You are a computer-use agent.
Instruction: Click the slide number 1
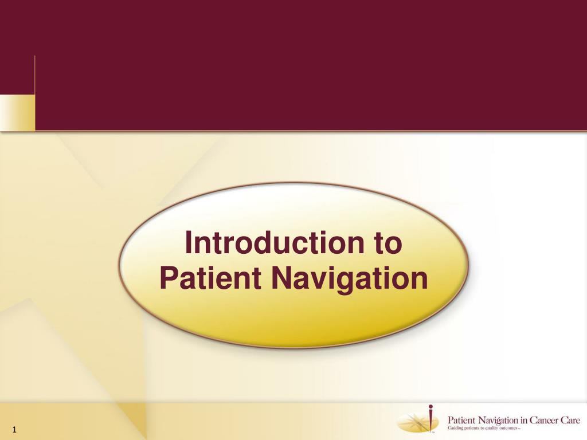(14, 430)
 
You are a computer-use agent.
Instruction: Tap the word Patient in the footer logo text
(461, 420)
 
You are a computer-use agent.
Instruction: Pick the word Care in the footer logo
(570, 420)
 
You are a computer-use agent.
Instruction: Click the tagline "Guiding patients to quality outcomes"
(483, 428)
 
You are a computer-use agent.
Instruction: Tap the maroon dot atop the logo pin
(431, 406)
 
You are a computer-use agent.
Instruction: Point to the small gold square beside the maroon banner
(18, 113)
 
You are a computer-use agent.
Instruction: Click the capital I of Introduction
(188, 242)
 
